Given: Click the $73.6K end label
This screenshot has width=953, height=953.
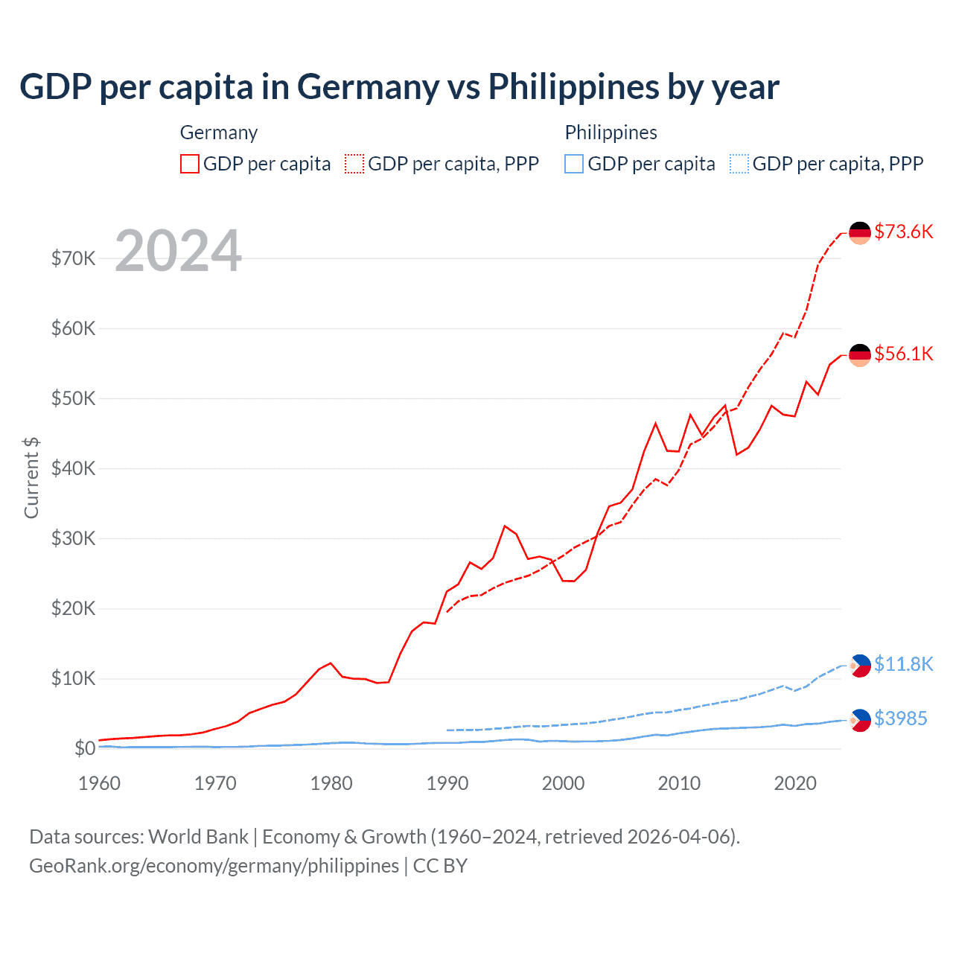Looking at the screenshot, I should (x=903, y=232).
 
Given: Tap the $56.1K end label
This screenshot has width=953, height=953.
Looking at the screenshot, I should (x=903, y=354).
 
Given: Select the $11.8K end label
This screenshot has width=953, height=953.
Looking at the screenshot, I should (x=903, y=664).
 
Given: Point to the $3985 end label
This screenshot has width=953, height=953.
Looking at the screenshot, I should (x=900, y=718).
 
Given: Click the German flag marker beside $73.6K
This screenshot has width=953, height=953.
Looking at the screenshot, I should (x=860, y=232).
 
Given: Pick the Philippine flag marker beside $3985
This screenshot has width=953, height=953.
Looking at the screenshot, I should (x=860, y=720).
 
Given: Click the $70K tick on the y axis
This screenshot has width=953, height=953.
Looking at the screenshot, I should (x=73, y=258).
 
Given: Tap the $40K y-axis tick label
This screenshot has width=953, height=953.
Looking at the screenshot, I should (x=73, y=468).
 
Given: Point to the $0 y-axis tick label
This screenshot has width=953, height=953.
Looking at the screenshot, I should (x=85, y=748).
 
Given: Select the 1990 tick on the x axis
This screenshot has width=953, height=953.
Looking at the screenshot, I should (x=447, y=783).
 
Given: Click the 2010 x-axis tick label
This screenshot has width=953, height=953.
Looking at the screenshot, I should (x=679, y=783).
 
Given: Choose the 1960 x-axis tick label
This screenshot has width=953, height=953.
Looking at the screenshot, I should (x=99, y=783).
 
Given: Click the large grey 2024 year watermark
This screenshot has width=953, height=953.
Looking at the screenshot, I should (x=178, y=251).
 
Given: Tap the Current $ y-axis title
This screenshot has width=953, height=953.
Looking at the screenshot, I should (x=31, y=478).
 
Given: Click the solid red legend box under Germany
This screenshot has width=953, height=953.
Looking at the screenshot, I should (x=190, y=164).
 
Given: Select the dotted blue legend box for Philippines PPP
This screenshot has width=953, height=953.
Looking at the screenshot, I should (x=739, y=164).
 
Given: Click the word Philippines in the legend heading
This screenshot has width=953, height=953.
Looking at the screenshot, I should (x=611, y=133).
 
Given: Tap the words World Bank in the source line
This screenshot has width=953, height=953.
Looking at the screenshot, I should (x=198, y=837).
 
